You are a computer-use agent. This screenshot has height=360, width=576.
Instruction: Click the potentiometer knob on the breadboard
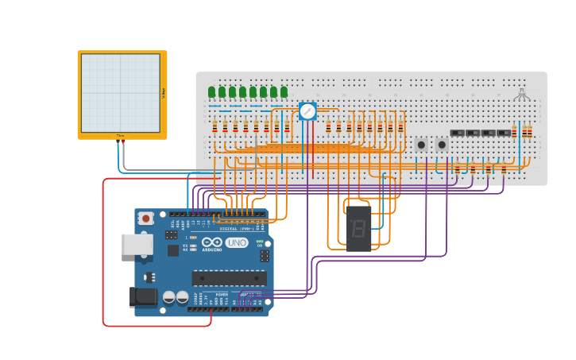(x=307, y=111)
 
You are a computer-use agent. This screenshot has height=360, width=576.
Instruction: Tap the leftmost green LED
(x=212, y=92)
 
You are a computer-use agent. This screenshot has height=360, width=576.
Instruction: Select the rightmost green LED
(x=284, y=92)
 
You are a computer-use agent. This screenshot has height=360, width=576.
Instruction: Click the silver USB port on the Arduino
(x=137, y=244)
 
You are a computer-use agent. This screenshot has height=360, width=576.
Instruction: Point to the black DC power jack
(x=143, y=296)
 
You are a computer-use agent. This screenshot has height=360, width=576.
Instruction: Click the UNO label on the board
(x=237, y=243)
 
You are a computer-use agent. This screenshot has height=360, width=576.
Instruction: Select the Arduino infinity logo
(x=212, y=242)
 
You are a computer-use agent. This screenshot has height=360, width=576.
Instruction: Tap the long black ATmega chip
(x=229, y=277)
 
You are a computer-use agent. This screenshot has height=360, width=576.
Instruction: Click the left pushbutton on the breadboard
(x=421, y=145)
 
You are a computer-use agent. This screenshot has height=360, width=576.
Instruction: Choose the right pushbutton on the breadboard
(x=442, y=145)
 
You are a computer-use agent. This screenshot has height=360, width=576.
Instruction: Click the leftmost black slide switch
(x=458, y=133)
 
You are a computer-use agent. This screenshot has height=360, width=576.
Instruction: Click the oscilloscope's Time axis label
(x=121, y=136)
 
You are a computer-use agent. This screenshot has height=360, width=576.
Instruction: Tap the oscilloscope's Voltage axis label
(x=164, y=93)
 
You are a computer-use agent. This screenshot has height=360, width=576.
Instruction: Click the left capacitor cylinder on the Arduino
(x=169, y=296)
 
